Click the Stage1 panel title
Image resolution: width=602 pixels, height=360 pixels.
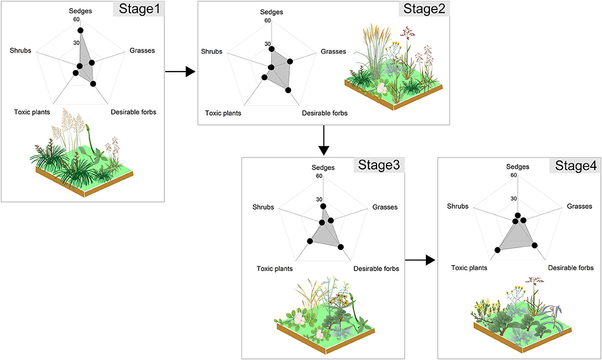click(x=138, y=9)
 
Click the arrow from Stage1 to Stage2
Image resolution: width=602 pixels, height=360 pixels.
click(x=180, y=71)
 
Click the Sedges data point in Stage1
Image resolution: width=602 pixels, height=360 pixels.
click(x=80, y=30)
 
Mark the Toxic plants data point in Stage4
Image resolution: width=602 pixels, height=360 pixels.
click(x=498, y=250)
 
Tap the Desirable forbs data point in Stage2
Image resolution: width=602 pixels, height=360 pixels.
click(x=288, y=89)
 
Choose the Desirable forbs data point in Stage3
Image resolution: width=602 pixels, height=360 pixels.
click(x=340, y=247)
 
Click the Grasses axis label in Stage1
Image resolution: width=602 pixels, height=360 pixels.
click(x=142, y=51)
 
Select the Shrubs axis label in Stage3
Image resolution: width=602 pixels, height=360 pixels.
click(x=263, y=207)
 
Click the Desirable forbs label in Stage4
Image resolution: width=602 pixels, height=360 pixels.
click(x=571, y=268)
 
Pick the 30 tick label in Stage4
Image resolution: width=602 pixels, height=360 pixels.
click(x=514, y=198)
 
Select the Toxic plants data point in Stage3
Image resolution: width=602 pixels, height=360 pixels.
click(x=310, y=241)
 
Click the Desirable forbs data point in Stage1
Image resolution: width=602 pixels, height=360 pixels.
click(x=93, y=84)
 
